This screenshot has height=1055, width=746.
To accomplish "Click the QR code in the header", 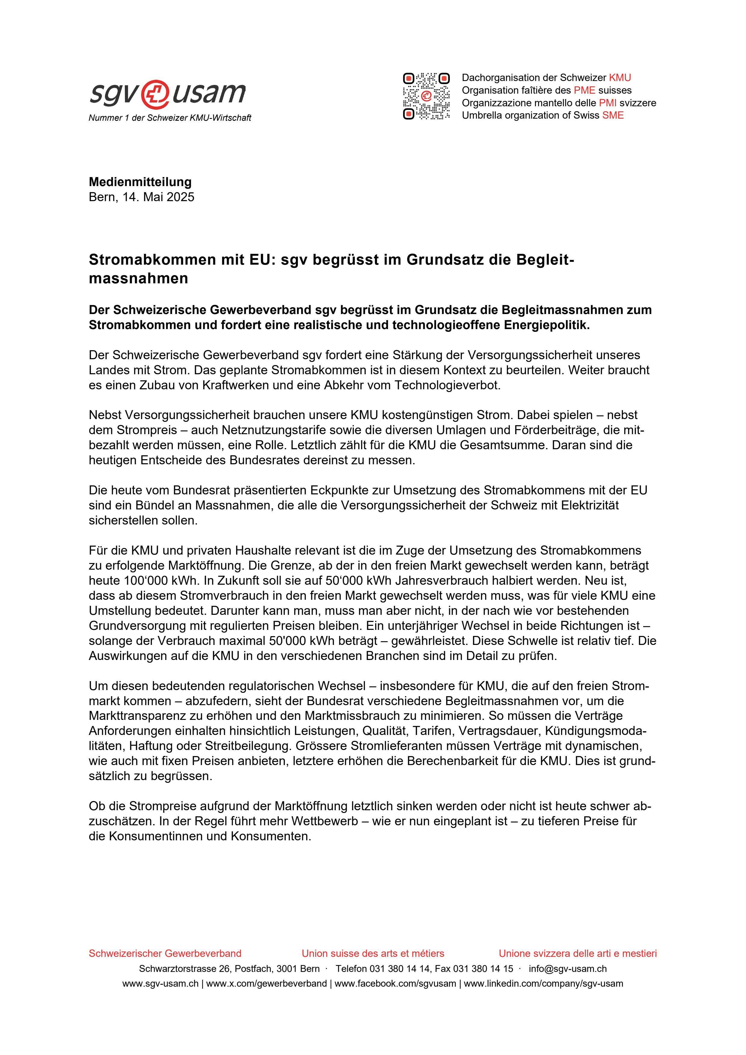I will tap(426, 96).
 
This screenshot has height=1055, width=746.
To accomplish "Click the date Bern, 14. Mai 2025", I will tap(141, 197).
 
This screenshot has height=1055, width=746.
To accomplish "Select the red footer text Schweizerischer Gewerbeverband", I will tap(165, 954).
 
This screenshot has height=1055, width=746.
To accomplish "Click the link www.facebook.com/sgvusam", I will tap(395, 984).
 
